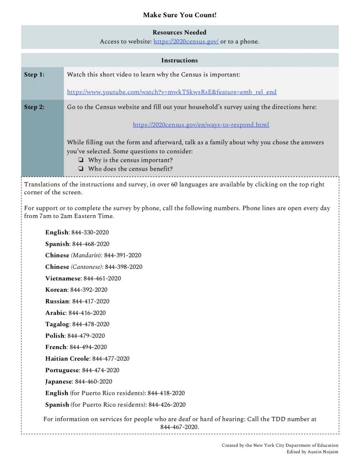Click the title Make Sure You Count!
tap(180, 15)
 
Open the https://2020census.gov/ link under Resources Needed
tap(186, 41)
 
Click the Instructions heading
tap(179, 60)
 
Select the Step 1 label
tap(34, 74)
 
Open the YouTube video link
tap(172, 92)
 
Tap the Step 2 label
tap(34, 107)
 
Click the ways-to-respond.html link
tap(201, 125)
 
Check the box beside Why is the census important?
tap(81, 160)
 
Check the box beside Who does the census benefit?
tap(81, 169)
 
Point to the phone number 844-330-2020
tap(90, 233)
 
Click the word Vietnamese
tap(63, 279)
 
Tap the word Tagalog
tap(57, 324)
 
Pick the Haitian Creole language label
tap(67, 359)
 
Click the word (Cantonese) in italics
tap(87, 267)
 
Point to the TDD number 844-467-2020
tap(179, 427)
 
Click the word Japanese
tap(58, 381)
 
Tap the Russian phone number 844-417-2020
tap(91, 301)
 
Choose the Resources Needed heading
tap(179, 32)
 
